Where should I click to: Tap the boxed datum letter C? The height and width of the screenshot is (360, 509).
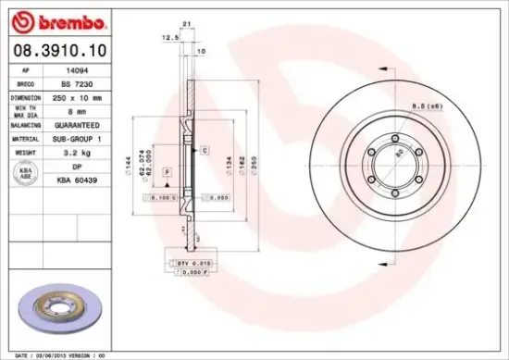pos(204,149)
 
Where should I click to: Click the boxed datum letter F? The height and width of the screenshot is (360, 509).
pos(168,173)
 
